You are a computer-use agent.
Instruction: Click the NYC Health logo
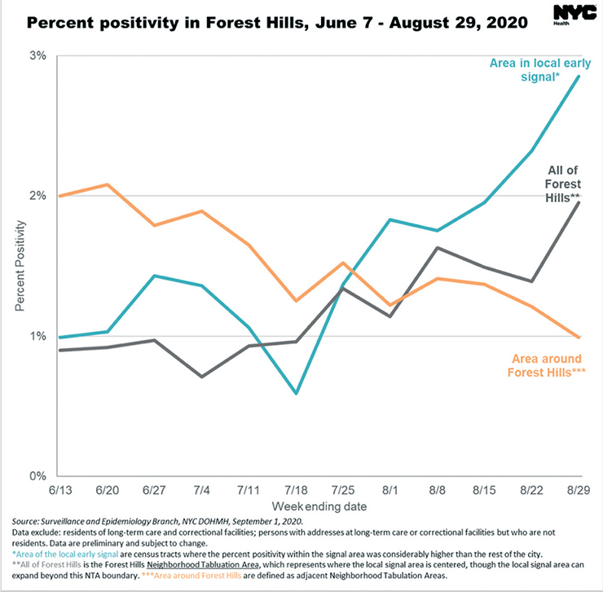coord(569,15)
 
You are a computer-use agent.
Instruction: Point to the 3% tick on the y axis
coord(37,56)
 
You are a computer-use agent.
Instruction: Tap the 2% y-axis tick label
coord(37,197)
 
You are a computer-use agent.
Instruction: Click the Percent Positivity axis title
coord(20,265)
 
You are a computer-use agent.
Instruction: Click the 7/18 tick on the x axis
coord(296,491)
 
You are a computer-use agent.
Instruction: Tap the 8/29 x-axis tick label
coord(579,491)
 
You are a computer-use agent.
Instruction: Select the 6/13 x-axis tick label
coord(59,491)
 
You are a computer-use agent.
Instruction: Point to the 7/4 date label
coord(201,491)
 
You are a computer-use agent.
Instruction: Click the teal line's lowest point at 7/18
coord(296,393)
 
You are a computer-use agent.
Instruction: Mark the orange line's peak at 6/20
coord(107,184)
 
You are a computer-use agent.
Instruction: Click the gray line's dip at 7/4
coord(201,377)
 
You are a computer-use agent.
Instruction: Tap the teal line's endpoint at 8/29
coord(579,77)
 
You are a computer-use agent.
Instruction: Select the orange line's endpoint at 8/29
coord(579,337)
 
